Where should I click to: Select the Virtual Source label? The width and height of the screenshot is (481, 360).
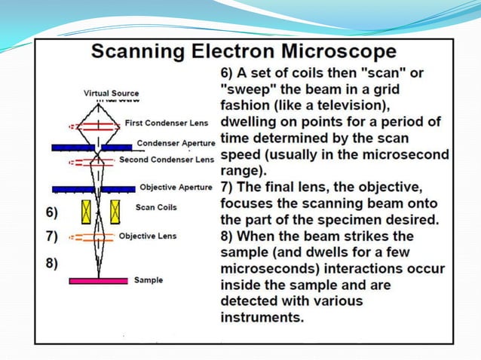111,93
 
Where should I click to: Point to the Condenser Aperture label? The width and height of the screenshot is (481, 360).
176,142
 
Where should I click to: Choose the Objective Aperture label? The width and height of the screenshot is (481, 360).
176,187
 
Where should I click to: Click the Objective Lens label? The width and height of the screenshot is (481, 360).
148,236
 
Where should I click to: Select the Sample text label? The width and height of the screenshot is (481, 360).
149,280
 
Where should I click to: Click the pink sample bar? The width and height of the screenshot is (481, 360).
98,281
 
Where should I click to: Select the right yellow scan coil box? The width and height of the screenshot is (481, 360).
115,211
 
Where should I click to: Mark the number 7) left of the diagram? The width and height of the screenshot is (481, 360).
51,236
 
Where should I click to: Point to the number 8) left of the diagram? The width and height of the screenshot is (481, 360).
51,264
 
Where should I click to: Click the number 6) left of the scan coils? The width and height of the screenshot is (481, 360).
51,212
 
